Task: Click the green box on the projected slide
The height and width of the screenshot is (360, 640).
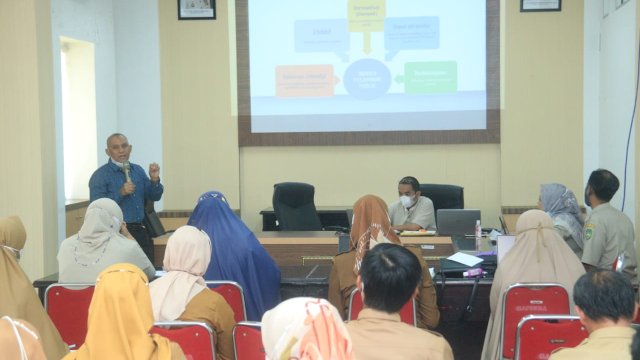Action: pos(430,76)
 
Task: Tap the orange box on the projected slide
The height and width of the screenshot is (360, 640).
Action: pos(304,80)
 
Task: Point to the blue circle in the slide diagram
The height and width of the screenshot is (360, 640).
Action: pos(366,78)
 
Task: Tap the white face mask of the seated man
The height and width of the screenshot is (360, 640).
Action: pos(407,201)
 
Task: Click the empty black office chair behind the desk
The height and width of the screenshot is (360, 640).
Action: pos(296,206)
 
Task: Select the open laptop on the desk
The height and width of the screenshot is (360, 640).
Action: pos(458,222)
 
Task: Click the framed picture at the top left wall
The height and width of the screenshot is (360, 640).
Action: pos(196,9)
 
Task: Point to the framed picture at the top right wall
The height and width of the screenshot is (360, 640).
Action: pos(540,5)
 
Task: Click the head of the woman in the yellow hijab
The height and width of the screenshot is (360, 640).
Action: pos(122,286)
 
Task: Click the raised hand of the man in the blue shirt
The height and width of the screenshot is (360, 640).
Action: pos(154,169)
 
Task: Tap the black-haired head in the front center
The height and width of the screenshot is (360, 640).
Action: pos(389,277)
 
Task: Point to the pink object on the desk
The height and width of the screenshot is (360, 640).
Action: pos(472,272)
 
